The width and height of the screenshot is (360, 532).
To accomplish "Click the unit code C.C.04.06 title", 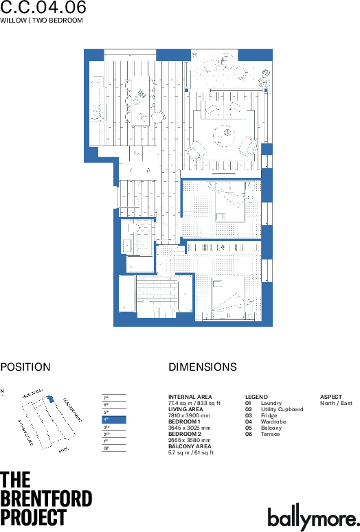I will [43, 8].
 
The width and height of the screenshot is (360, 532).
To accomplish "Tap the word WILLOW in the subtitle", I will [13, 21].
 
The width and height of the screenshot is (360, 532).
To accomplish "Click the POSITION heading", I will [25, 367].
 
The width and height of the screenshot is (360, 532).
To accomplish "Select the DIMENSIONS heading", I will [203, 367].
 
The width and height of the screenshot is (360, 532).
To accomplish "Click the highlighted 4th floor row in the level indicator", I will [114, 419].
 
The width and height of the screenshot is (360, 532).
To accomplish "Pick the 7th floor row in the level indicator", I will [114, 397].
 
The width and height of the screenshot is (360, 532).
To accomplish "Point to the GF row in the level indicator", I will [114, 448].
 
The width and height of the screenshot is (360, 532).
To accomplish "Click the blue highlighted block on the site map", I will [49, 399].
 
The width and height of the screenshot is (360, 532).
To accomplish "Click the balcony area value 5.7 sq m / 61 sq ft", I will [191, 452].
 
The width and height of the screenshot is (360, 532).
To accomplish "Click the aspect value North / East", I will [336, 403].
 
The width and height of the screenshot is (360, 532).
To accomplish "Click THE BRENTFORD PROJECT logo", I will [45, 498].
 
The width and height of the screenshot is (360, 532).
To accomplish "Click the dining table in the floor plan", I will [140, 100].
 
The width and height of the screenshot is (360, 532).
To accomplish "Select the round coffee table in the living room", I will [224, 132].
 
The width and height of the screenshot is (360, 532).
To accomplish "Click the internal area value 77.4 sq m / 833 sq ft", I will [194, 403].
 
